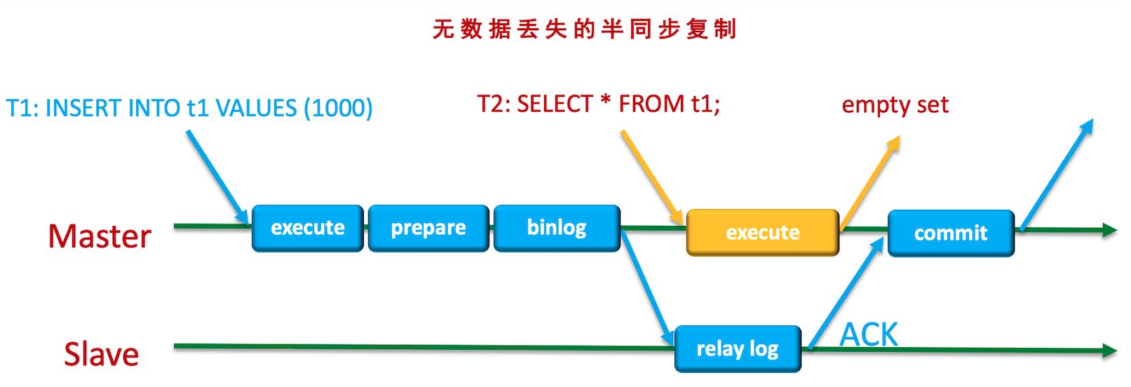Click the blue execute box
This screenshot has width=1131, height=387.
click(x=308, y=228)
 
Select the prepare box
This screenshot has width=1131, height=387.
click(x=428, y=228)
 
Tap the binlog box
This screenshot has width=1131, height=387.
click(x=557, y=228)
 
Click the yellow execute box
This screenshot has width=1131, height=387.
click(x=762, y=232)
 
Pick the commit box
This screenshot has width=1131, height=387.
click(x=951, y=233)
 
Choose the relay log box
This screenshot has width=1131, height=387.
click(x=737, y=348)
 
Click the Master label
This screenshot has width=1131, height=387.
click(x=100, y=236)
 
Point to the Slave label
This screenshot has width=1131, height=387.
click(x=102, y=354)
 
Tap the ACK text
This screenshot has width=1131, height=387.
click(x=869, y=334)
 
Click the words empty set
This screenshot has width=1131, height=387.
click(x=895, y=105)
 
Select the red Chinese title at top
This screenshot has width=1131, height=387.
click(x=584, y=29)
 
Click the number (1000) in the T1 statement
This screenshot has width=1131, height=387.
click(x=338, y=108)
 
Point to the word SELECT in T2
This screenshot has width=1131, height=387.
click(x=555, y=104)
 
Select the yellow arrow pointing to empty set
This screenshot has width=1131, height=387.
click(x=869, y=182)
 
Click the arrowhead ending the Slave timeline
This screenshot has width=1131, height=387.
click(x=1109, y=351)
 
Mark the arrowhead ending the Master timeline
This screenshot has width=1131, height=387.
click(x=1109, y=230)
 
